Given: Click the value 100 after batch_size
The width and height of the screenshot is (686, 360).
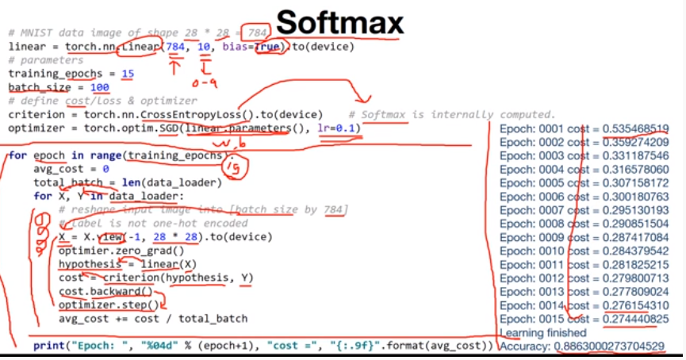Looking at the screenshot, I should tap(100, 87).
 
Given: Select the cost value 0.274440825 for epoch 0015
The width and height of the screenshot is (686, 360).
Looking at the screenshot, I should tap(635, 318).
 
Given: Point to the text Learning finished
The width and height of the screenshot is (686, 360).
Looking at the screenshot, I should tap(543, 332).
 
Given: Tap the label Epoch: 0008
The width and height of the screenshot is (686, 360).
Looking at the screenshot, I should tap(528, 224).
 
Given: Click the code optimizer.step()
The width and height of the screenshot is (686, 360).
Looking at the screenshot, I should tap(109, 304).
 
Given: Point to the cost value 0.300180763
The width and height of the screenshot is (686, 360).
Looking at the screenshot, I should tap(635, 196).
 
